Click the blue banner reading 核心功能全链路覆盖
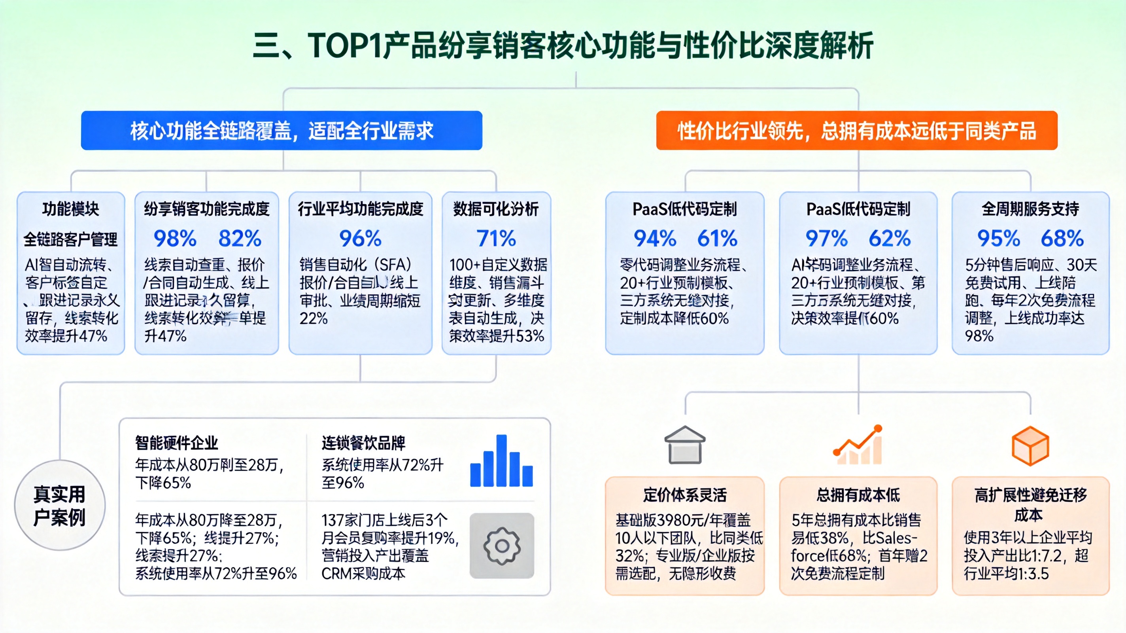[x=281, y=131]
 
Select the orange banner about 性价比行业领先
[x=856, y=131]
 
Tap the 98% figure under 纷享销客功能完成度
[x=175, y=239]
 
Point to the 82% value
[x=240, y=239]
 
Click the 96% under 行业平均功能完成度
[x=360, y=239]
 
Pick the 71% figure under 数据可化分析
[x=496, y=239]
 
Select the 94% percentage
[x=655, y=239]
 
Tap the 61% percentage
[x=717, y=239]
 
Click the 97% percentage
[x=827, y=239]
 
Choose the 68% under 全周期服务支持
[x=1062, y=239]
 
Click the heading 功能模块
[x=71, y=209]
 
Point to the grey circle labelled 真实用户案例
[x=60, y=505]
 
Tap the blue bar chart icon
[x=501, y=462]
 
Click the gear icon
[x=502, y=546]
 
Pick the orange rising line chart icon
[x=858, y=445]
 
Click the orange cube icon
[x=1030, y=445]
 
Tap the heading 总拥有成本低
[x=858, y=495]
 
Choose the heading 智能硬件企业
[x=177, y=443]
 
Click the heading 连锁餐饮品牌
[x=363, y=443]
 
